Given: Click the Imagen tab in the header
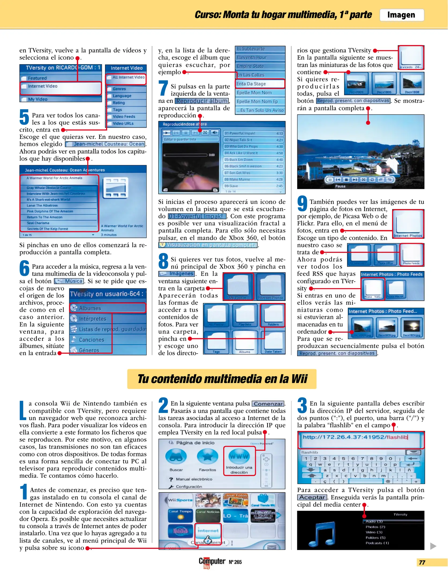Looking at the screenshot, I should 401,15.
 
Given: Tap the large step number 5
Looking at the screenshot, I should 24,117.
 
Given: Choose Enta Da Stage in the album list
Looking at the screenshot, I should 259,84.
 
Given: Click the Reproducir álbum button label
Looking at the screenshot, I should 202,101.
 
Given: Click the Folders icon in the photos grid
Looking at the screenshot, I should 273,315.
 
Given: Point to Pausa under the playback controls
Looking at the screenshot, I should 340,186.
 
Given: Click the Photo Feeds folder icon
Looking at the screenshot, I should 411,254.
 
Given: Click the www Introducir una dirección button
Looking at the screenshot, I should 239,461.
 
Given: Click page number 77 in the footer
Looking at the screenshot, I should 422,562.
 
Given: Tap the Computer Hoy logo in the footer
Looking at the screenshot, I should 212,562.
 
